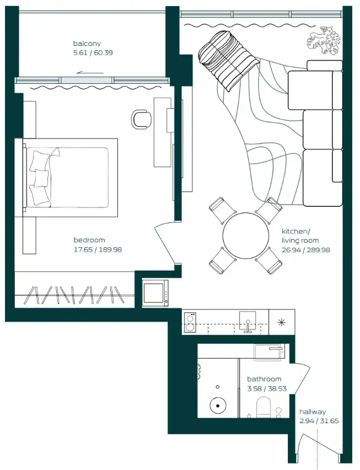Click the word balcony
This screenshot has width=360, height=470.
tap(87, 44)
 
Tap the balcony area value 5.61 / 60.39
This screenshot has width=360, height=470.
tap(93, 53)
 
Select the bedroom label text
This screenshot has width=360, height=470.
tap(89, 240)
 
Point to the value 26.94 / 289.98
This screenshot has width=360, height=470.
tap(306, 250)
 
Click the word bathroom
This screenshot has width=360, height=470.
tap(264, 379)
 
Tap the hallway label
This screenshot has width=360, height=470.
tap(313, 412)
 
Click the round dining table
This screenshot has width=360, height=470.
tap(245, 236)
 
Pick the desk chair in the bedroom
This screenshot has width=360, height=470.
tap(141, 120)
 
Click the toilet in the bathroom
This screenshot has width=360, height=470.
tap(264, 407)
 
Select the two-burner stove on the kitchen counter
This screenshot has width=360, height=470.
tap(190, 322)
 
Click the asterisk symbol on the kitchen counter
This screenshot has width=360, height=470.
tap(282, 322)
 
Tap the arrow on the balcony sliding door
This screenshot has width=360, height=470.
tap(90, 72)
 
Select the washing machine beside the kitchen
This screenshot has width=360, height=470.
tap(155, 293)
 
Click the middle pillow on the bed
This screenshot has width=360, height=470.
tap(42, 178)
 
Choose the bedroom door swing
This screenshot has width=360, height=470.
tap(165, 243)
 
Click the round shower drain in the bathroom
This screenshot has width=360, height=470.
tap(218, 405)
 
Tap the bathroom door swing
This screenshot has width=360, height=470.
tap(301, 378)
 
